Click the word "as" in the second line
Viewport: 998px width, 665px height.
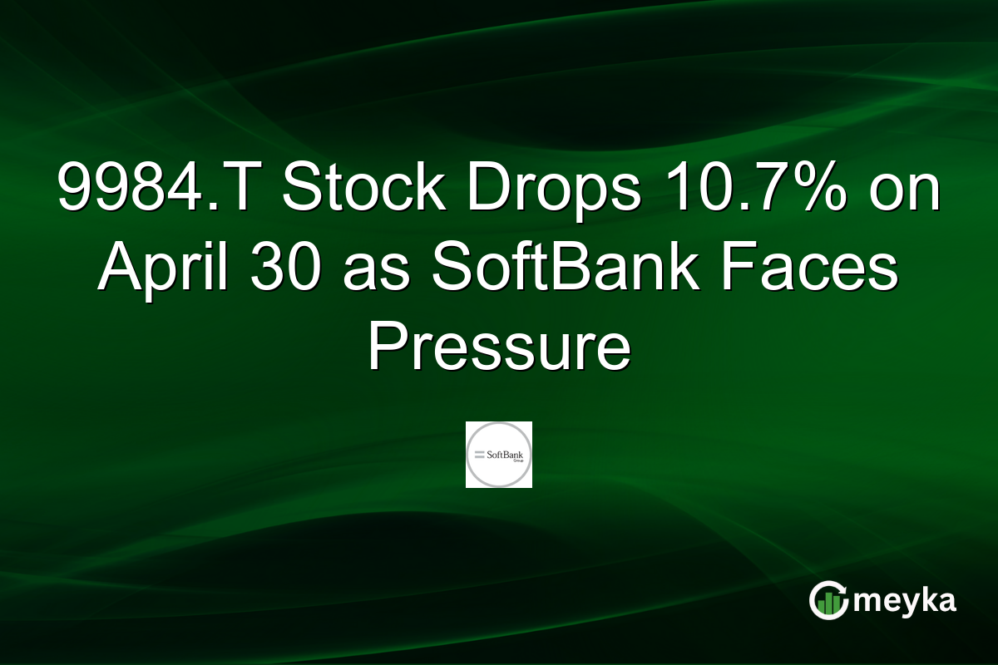click(376, 272)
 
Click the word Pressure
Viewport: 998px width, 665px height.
click(499, 347)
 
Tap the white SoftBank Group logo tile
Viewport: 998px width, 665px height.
click(498, 455)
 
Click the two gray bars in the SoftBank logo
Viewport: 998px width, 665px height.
click(480, 455)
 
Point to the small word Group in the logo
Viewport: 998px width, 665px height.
click(518, 461)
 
